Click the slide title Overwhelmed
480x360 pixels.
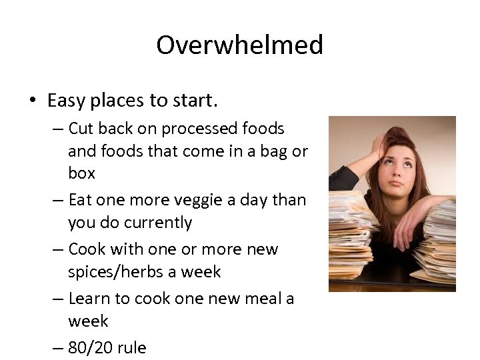tap(239, 45)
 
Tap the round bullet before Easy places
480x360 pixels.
tap(32, 101)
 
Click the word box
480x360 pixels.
tap(81, 173)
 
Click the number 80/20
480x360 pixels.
tap(89, 347)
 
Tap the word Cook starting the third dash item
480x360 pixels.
tap(87, 249)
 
